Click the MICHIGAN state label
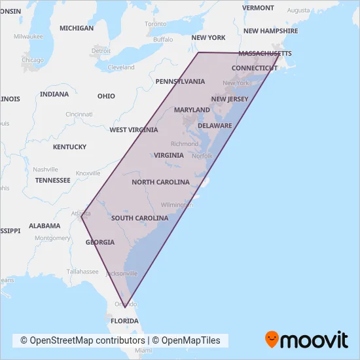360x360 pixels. [x=77, y=28]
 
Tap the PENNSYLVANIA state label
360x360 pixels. [x=180, y=81]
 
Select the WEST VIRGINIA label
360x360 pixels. [x=134, y=130]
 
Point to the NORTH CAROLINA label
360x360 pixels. [x=160, y=182]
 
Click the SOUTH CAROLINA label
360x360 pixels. [x=139, y=218]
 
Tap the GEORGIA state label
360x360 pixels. [x=99, y=242]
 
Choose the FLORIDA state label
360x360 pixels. [x=124, y=321]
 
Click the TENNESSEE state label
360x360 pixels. [x=53, y=180]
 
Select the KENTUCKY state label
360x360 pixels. [x=69, y=147]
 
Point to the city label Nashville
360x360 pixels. [x=46, y=169]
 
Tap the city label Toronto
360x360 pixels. [x=156, y=24]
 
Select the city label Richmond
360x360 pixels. [x=184, y=143]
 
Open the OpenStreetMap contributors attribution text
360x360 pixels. [x=82, y=340]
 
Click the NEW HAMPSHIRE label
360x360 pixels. [x=270, y=31]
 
